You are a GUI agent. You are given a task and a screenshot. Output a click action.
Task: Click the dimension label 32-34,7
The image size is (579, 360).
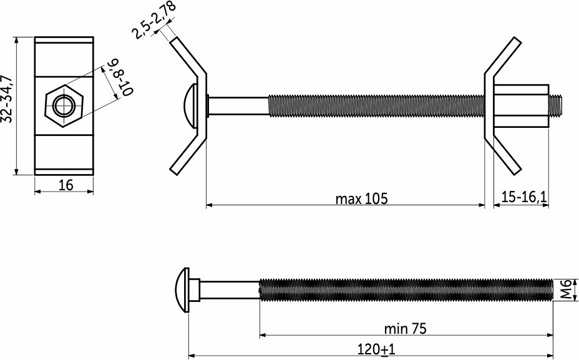click(x=7, y=99)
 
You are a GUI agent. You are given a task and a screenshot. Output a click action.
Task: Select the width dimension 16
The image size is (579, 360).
click(x=66, y=185)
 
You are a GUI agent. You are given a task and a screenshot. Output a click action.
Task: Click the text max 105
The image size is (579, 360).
click(x=361, y=198)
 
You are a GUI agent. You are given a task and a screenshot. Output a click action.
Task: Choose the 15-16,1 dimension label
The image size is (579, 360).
click(x=523, y=197)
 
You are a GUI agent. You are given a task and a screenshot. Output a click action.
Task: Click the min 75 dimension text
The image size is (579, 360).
click(x=405, y=328)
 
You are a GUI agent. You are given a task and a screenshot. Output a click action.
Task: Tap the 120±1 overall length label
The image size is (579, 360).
click(x=376, y=349)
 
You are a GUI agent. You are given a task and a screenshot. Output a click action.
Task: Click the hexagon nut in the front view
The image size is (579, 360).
click(x=64, y=106)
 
